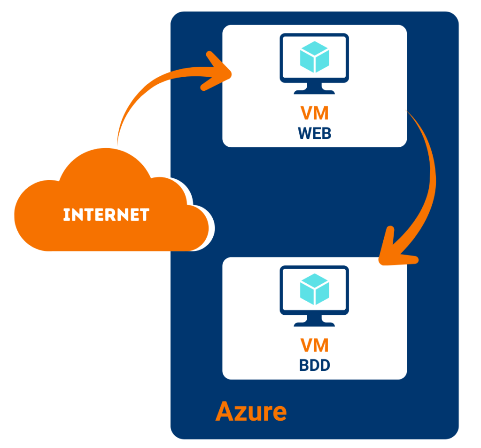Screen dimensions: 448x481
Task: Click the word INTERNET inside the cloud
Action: [106, 215]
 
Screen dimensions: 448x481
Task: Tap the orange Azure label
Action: [251, 412]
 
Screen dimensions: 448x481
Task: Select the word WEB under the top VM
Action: [314, 133]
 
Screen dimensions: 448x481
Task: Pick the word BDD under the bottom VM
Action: [314, 365]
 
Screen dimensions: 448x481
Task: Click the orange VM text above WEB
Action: [314, 114]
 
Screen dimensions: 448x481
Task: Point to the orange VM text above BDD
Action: [314, 346]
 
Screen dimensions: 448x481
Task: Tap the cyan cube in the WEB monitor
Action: [314, 56]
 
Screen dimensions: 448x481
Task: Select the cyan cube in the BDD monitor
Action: [314, 288]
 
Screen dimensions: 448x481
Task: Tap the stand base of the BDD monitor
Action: [314, 323]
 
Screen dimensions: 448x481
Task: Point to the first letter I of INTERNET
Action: [66, 215]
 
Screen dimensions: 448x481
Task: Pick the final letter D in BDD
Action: [325, 365]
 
